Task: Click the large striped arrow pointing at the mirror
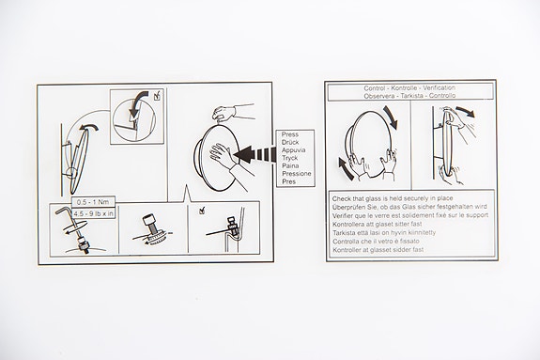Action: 255,151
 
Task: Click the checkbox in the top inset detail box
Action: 157,95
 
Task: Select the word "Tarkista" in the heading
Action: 414,96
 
